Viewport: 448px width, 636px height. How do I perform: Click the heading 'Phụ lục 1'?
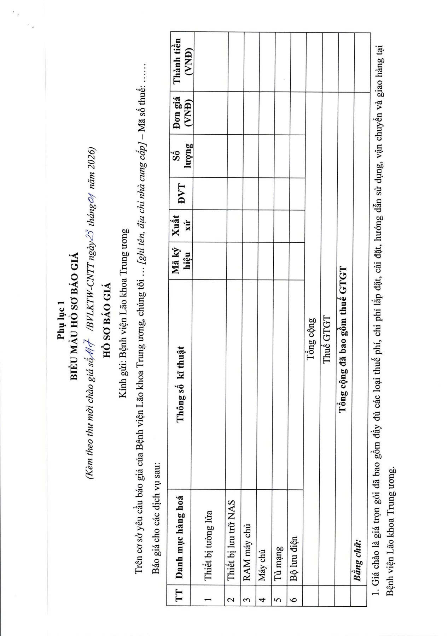60,320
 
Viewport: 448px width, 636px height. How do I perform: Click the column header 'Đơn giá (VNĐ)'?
182,113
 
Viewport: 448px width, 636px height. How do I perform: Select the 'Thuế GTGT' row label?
327,339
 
